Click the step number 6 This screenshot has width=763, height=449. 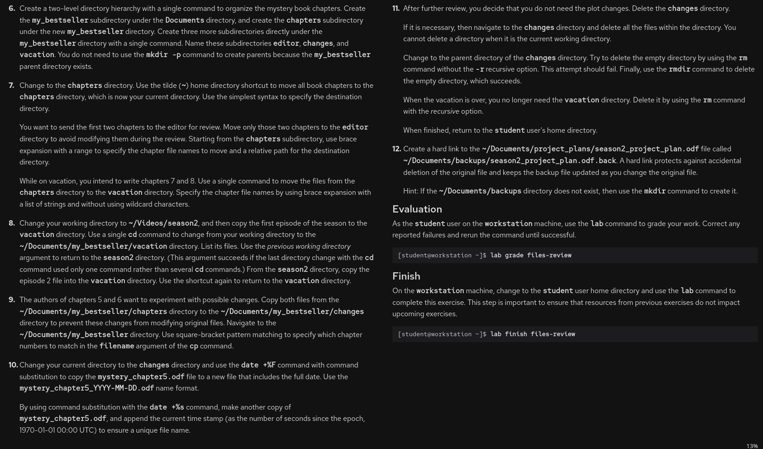click(12, 9)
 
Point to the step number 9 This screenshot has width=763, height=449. click(12, 300)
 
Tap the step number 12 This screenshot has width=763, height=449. click(396, 149)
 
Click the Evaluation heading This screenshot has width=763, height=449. click(417, 209)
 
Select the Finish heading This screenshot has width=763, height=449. click(406, 276)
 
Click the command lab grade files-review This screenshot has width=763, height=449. click(530, 256)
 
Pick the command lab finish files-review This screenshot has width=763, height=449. click(532, 334)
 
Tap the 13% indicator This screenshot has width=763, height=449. click(752, 446)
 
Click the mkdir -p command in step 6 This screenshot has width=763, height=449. click(163, 55)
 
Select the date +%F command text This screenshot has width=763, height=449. click(258, 365)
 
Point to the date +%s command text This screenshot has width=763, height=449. click(167, 407)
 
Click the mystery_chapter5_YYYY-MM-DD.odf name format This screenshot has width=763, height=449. click(86, 388)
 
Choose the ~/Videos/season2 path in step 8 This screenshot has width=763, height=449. click(163, 223)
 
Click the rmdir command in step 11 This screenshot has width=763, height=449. click(679, 69)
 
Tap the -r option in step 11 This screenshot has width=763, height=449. click(479, 69)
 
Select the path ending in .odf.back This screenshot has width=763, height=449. click(510, 161)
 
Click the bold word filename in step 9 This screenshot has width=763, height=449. click(117, 346)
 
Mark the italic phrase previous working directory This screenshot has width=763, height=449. click(309, 246)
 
